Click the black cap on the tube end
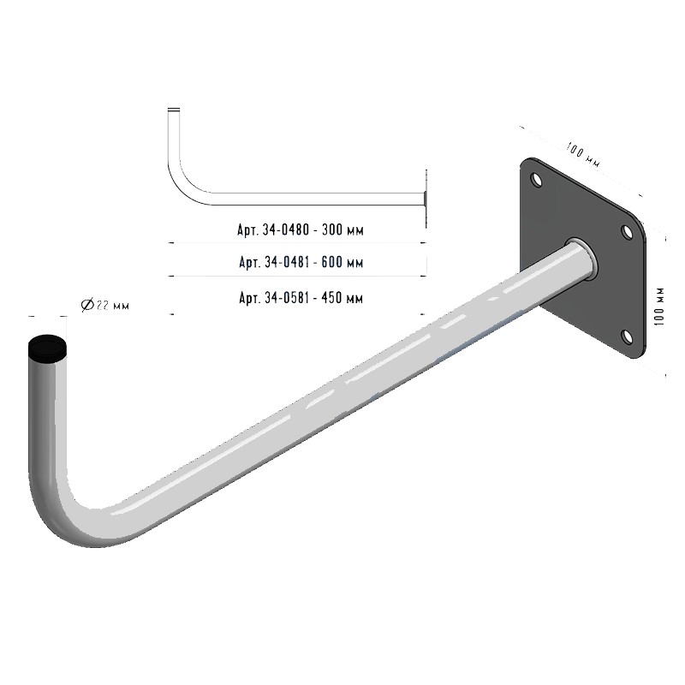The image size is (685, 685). (48, 348)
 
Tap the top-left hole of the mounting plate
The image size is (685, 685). (536, 179)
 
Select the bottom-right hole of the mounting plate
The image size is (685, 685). (627, 337)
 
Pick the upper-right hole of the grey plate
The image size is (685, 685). (627, 232)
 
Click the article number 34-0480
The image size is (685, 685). (286, 229)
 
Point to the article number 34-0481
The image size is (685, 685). (287, 262)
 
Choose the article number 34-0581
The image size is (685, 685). (287, 298)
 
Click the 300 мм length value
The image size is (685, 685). (342, 229)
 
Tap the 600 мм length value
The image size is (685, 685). (342, 262)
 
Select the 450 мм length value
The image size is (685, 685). (342, 298)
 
